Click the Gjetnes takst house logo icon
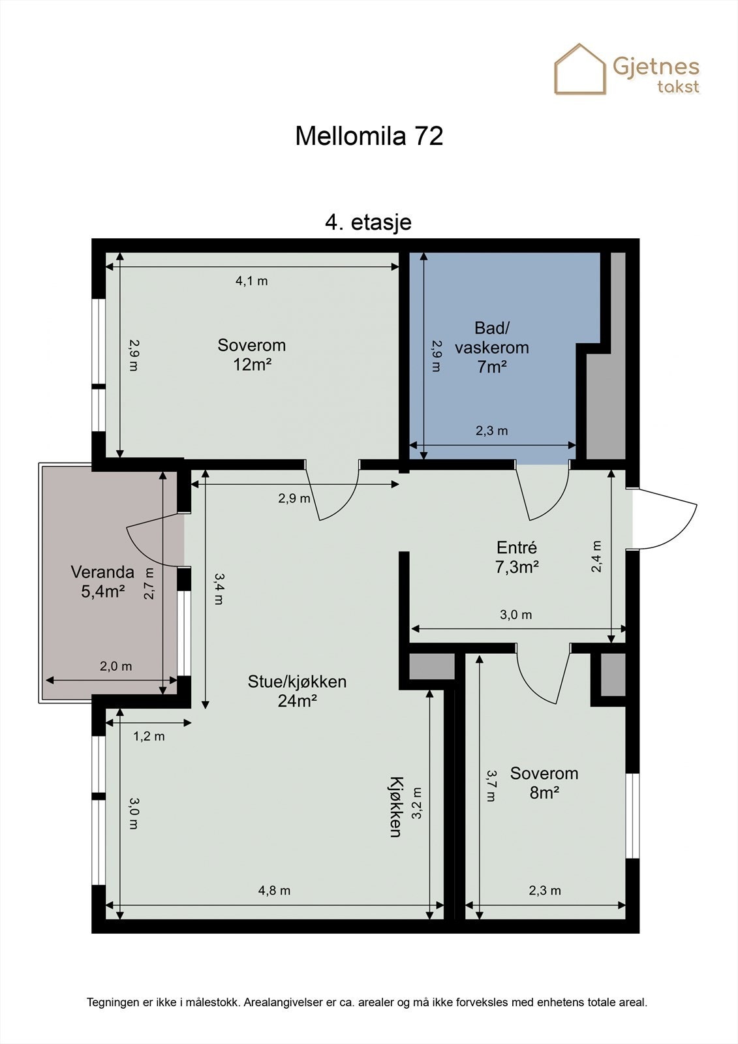[579, 69]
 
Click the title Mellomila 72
[369, 136]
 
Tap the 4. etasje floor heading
[368, 222]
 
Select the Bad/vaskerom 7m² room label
[492, 348]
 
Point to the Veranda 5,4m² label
[102, 581]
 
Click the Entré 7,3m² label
[517, 557]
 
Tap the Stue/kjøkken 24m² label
[297, 691]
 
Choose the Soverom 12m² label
[251, 355]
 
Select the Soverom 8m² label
[544, 783]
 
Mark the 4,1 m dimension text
[252, 281]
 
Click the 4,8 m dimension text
[274, 891]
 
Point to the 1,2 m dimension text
[149, 737]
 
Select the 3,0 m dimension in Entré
[515, 615]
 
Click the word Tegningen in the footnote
[112, 1002]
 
